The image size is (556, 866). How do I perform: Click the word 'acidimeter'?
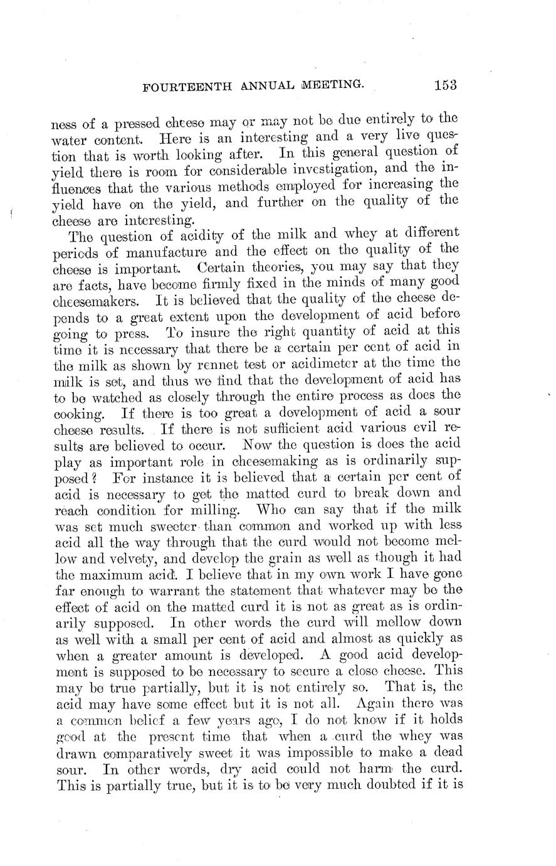point(314,363)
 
